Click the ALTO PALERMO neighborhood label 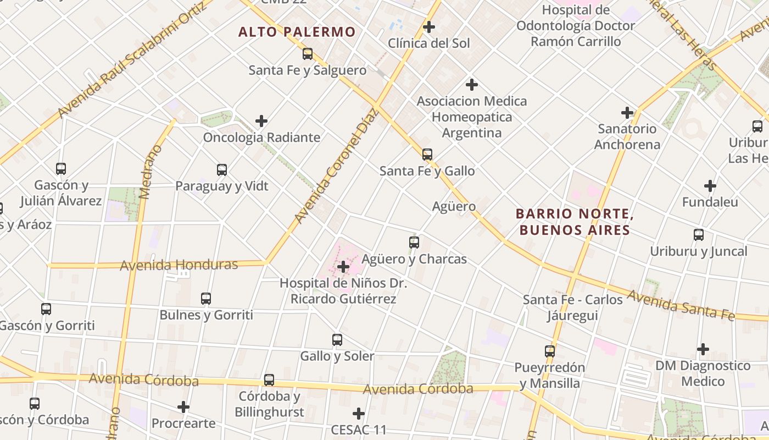coord(297,32)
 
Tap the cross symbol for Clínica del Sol coord(429,26)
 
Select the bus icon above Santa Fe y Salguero coord(308,54)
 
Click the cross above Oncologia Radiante coord(261,121)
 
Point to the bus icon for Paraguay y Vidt coord(222,170)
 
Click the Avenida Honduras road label coord(179,265)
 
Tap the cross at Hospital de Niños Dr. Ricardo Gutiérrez coord(343,267)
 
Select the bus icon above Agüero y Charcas coord(414,243)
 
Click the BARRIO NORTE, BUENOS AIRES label coord(575,222)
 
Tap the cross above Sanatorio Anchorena coord(627,113)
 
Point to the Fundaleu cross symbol coord(710,186)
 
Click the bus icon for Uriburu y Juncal coord(699,235)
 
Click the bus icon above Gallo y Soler coord(337,340)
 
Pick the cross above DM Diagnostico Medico coord(703,349)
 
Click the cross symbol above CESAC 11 coord(359,414)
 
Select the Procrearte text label coord(183,424)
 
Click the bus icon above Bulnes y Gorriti coord(206,299)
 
